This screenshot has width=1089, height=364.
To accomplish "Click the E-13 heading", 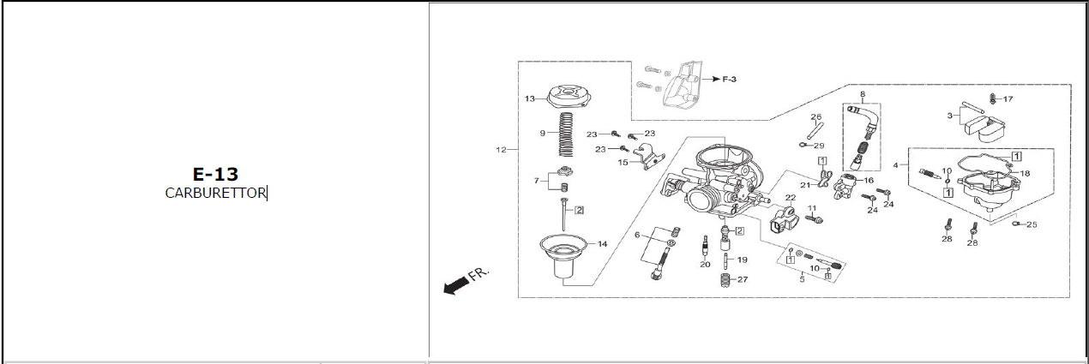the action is pos(215,174).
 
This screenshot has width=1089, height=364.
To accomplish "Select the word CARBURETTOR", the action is pos(215,194).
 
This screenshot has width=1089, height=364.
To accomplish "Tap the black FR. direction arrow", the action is pos(455,285).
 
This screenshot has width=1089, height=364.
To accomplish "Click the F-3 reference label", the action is pos(729,79).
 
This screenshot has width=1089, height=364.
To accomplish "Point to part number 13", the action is pos(529,99).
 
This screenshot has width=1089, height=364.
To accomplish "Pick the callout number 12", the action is pos(501,150).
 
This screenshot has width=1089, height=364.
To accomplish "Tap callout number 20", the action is pos(705,265).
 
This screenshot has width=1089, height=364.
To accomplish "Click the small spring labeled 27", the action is pos(725,280).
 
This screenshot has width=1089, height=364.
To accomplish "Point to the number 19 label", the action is pos(742,260).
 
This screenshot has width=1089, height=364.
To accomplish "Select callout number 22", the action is pos(791,198).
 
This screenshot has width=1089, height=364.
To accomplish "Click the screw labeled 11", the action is pos(814,220).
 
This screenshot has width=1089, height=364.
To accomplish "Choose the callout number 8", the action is pos(863,94).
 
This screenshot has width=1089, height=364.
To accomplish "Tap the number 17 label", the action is pos(1008,99).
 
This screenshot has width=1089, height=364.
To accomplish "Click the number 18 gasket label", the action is pos(1025,173).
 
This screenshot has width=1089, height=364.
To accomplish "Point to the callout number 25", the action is pos(1032,224).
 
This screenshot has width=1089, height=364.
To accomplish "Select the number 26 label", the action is pos(815,117).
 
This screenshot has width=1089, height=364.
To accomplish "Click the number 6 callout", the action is pos(637,236).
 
